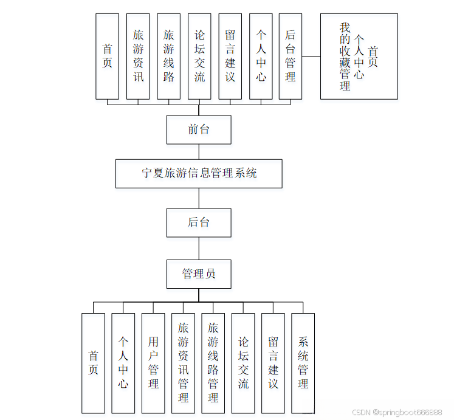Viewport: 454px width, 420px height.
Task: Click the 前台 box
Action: pos(199,129)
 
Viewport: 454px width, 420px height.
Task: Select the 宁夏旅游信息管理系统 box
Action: pos(199,173)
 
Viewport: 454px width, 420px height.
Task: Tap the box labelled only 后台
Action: pos(199,222)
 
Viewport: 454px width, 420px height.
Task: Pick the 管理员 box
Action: pos(199,274)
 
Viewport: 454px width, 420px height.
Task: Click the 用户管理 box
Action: pos(153,363)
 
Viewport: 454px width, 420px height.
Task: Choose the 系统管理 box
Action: pos(303,363)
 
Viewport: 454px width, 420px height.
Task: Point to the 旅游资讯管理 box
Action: pos(183,363)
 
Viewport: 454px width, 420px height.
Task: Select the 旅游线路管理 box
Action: pos(213,363)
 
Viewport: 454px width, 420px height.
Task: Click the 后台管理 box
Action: pos(291,57)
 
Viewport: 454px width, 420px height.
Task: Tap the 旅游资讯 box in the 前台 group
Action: pos(138,57)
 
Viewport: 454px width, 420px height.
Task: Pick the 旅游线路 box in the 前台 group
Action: pos(168,57)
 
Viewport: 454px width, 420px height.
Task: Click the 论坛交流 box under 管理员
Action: pos(243,363)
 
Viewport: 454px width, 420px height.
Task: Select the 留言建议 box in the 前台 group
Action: pos(230,57)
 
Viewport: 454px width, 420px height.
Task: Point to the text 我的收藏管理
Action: pos(345,57)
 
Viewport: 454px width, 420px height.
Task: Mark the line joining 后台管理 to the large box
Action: pos(311,57)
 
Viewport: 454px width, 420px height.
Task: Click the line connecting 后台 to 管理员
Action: pos(199,248)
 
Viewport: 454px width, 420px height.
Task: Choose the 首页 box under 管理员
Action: pos(93,363)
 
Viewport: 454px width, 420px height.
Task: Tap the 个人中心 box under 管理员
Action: pos(123,363)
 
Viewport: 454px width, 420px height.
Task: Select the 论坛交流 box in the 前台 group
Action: pos(199,57)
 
